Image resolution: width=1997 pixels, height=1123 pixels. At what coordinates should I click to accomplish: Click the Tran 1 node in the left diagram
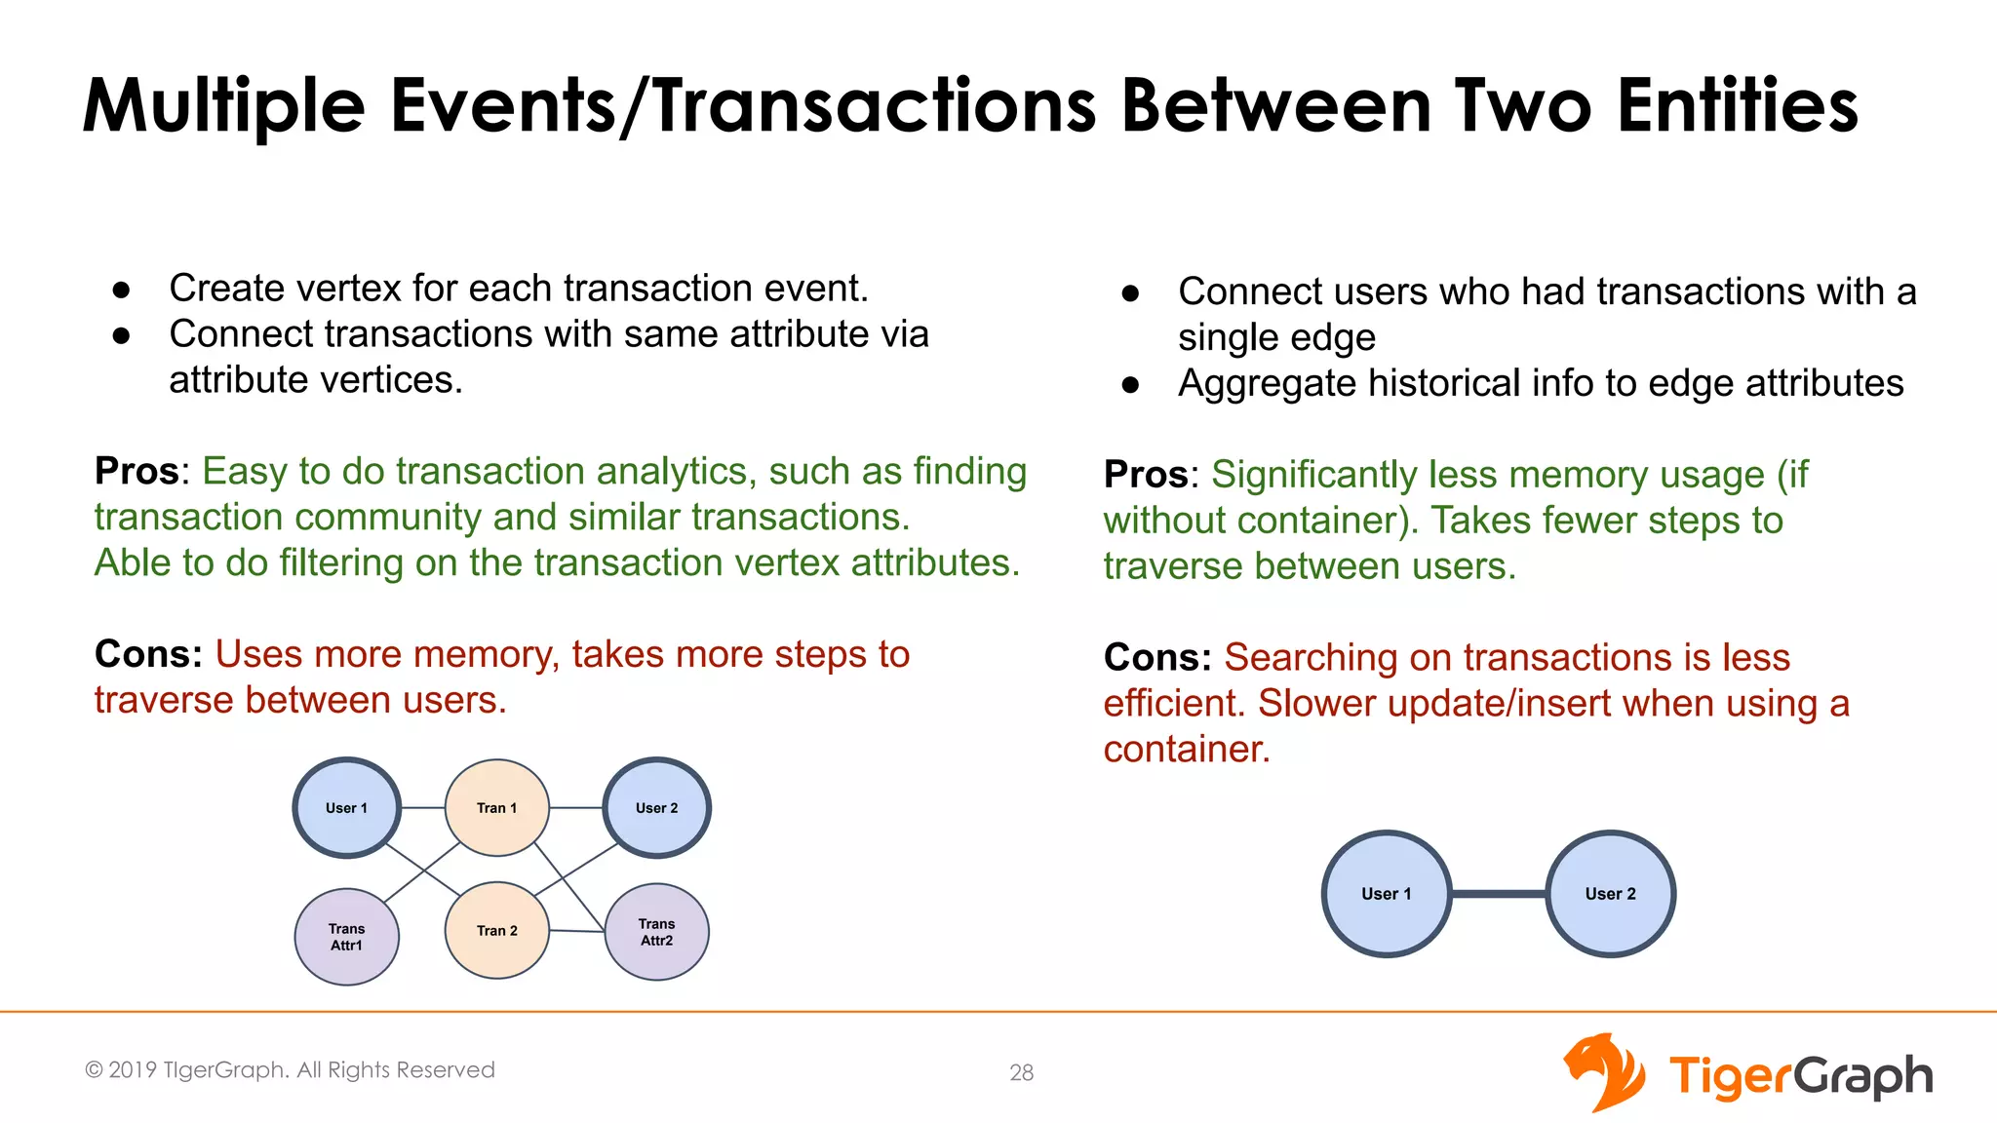tap(497, 808)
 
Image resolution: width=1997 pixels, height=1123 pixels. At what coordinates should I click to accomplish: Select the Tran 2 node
tap(497, 931)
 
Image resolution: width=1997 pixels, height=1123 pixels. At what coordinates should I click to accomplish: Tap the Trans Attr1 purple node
tap(346, 937)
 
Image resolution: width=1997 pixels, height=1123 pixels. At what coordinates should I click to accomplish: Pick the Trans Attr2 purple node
tap(656, 932)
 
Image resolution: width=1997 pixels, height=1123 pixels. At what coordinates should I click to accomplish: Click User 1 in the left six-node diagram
tap(346, 808)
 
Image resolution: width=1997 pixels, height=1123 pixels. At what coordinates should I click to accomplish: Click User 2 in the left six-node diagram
tap(656, 808)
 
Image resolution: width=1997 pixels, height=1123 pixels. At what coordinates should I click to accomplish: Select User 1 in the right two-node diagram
tap(1386, 894)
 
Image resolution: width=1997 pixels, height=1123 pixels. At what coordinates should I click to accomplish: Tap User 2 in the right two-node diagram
tap(1610, 894)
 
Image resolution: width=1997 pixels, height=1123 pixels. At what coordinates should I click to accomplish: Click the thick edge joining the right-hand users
tap(1499, 894)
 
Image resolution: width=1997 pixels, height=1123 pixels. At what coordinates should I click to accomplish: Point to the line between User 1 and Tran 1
tap(422, 808)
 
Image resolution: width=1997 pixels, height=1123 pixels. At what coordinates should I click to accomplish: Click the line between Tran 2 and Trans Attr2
tap(576, 931)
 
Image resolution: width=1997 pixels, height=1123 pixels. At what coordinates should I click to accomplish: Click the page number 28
tap(1021, 1072)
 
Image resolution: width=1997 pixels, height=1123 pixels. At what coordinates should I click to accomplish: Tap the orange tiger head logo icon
tap(1603, 1072)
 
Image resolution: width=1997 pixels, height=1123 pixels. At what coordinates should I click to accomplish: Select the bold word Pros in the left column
tap(137, 472)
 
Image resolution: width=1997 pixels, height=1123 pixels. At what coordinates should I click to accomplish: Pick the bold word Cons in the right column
tap(1156, 658)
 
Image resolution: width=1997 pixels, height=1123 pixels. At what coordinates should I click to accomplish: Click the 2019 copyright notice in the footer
tap(290, 1070)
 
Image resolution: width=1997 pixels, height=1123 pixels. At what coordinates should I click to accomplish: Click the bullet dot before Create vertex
tap(121, 290)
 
